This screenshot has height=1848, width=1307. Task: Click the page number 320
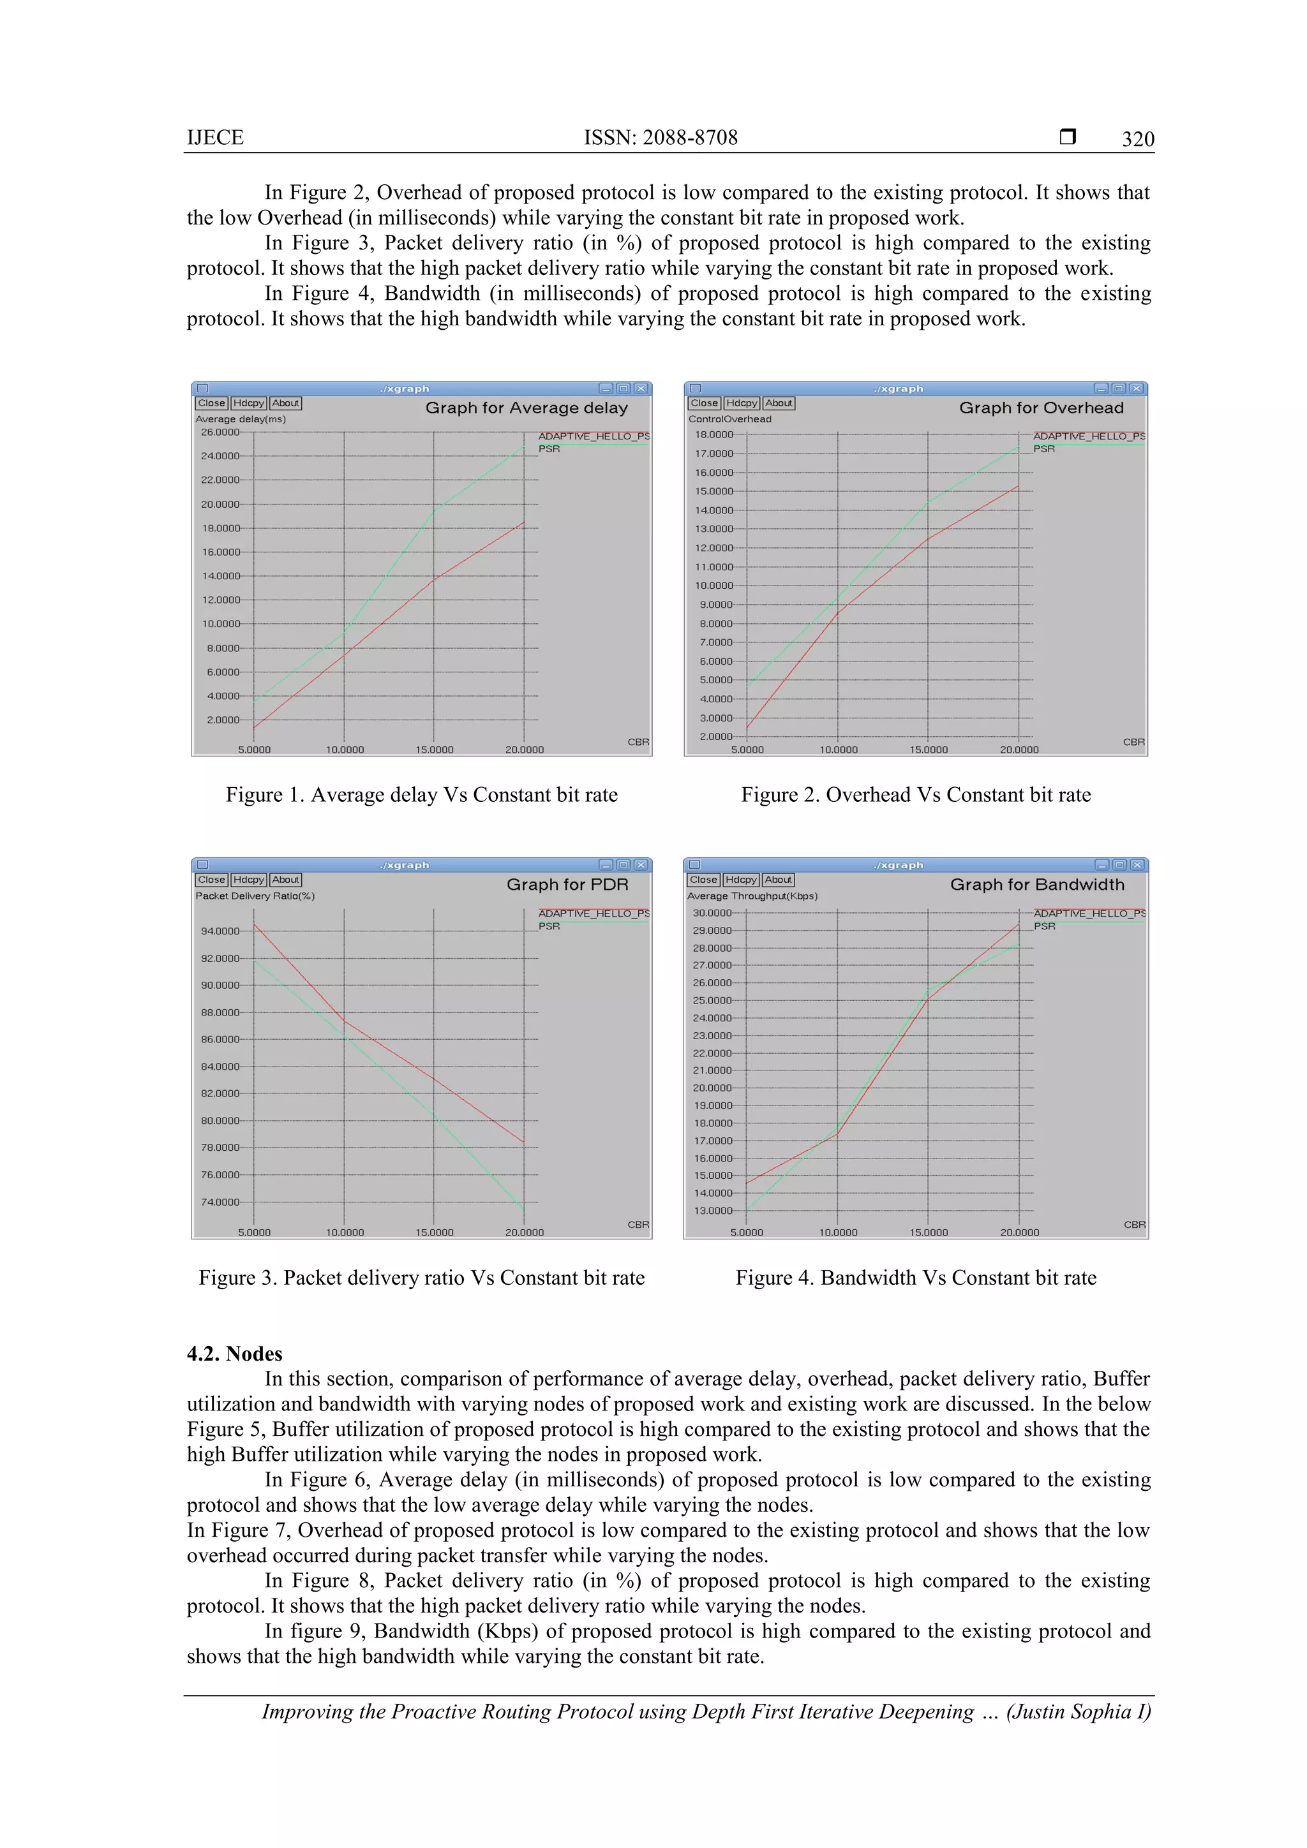pos(1137,139)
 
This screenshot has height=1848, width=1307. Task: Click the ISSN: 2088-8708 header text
pos(661,138)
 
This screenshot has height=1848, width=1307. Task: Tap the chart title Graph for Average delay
pos(526,408)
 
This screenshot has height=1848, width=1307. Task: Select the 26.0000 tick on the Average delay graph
pos(220,432)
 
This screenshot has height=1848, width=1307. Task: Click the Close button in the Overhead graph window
pos(704,403)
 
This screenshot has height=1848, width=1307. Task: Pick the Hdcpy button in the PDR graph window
pos(248,880)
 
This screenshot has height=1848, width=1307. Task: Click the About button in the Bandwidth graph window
pos(778,880)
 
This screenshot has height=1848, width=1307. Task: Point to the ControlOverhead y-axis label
pos(729,418)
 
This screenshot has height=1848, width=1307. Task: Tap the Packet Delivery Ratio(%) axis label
pos(255,896)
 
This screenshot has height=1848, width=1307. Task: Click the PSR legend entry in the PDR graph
pos(549,926)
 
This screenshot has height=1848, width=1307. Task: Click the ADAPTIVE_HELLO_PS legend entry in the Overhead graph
pos(1088,436)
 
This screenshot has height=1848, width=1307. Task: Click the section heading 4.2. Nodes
pos(234,1353)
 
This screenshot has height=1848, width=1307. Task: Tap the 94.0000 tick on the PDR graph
pos(220,931)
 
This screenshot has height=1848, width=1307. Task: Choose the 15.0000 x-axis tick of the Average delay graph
pos(434,750)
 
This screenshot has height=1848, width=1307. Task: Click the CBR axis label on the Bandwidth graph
pos(1134,1224)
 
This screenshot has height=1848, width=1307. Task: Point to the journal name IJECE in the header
pos(215,138)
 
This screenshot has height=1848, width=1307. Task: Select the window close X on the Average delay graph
pos(641,388)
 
